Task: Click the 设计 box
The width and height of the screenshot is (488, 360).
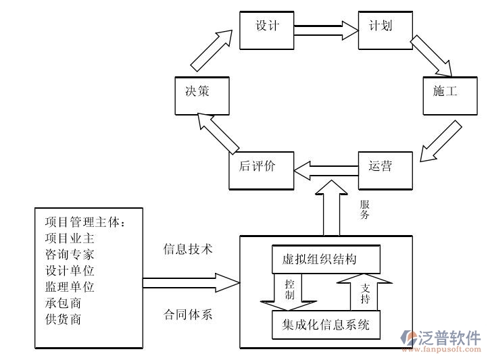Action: click(267, 29)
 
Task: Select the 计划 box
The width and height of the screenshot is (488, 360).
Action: click(385, 29)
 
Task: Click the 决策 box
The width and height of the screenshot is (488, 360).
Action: click(201, 94)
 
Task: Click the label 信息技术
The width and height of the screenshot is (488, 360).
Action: click(188, 249)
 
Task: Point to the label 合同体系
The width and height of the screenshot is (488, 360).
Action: click(188, 314)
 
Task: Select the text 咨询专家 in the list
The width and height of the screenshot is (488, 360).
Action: click(70, 255)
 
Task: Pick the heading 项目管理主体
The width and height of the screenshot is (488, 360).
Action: click(85, 222)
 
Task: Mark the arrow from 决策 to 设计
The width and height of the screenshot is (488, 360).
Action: click(213, 51)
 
